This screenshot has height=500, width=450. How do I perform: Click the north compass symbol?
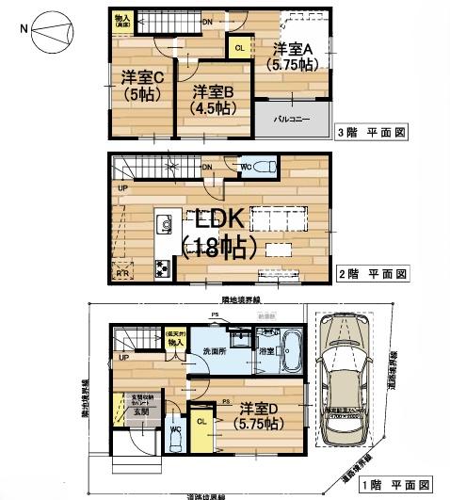click(x=45, y=35)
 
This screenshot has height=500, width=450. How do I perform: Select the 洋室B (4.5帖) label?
click(x=214, y=99)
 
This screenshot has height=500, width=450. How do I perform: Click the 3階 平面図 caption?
click(x=372, y=136)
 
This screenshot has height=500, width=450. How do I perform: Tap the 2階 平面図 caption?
click(x=373, y=274)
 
